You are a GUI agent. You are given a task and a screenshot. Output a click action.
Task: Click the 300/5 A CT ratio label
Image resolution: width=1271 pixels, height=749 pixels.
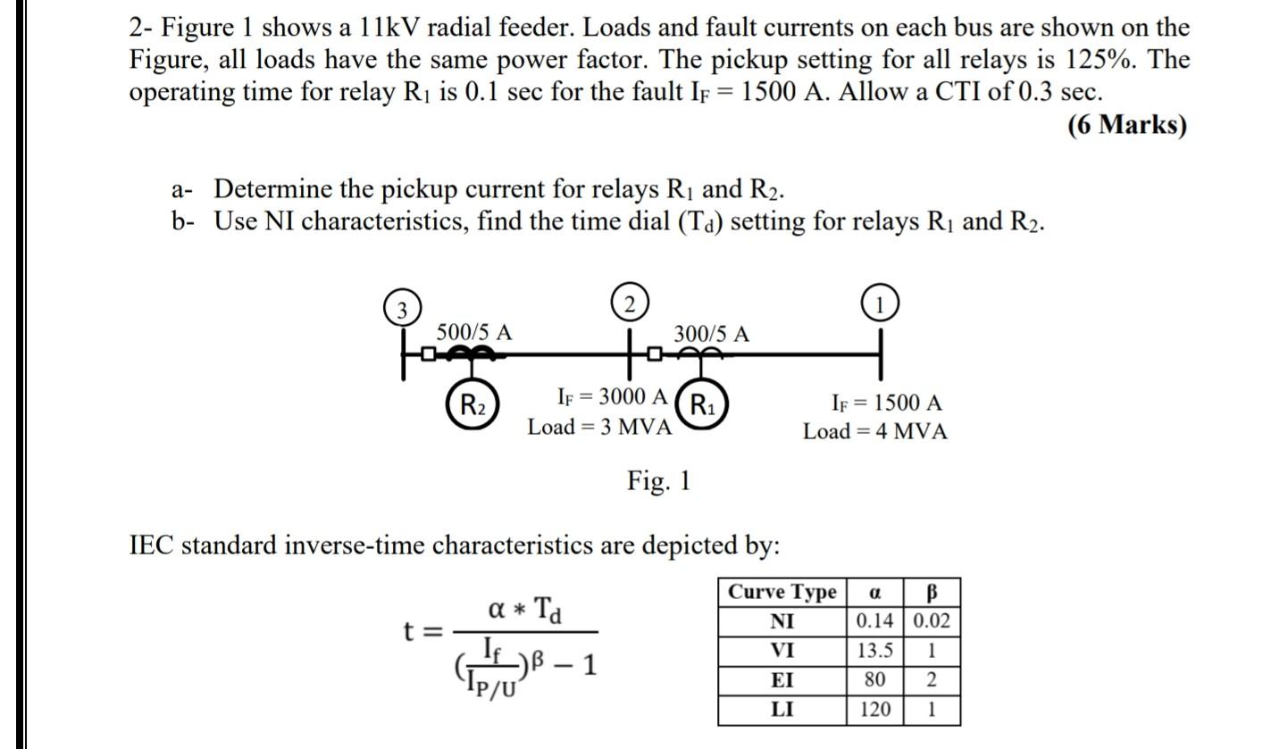click(x=711, y=334)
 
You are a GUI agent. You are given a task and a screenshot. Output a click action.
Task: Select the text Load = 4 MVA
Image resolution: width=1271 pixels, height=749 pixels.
click(x=874, y=432)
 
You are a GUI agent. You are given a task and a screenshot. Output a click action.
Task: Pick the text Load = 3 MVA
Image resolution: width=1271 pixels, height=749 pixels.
click(x=599, y=427)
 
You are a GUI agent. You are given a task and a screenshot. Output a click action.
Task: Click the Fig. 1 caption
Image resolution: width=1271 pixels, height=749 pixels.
click(x=658, y=481)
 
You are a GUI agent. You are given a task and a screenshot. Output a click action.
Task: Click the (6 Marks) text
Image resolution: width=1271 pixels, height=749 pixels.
click(x=1127, y=124)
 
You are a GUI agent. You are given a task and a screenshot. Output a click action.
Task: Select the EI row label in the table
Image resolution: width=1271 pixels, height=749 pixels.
click(x=782, y=680)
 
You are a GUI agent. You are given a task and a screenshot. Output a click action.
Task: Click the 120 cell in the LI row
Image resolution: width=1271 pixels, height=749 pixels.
click(x=875, y=710)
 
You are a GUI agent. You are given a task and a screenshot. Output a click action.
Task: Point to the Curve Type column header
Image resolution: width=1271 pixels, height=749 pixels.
click(x=782, y=592)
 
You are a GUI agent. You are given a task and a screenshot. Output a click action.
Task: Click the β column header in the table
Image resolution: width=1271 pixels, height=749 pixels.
click(x=932, y=592)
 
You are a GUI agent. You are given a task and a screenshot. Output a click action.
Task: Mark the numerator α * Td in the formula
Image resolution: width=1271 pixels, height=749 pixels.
click(x=525, y=610)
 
